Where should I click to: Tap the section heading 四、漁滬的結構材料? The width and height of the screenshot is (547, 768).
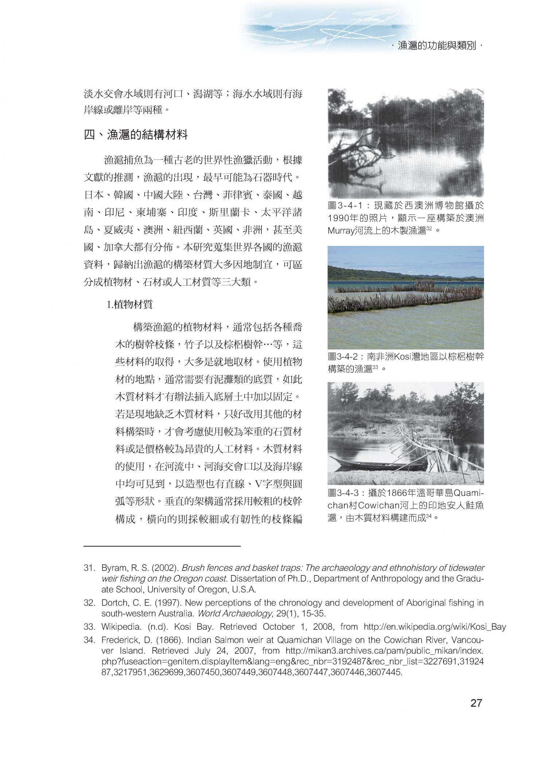[x=136, y=135]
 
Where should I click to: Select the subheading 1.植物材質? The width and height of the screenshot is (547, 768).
[x=129, y=305]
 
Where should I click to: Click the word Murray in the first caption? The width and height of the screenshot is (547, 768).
[x=341, y=231]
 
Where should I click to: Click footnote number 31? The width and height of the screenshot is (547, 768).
[x=89, y=568]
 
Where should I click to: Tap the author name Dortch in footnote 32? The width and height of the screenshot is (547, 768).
[x=113, y=603]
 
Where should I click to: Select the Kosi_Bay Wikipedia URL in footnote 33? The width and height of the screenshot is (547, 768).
[x=435, y=627]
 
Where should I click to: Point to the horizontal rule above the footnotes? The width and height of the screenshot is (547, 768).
[x=162, y=546]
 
